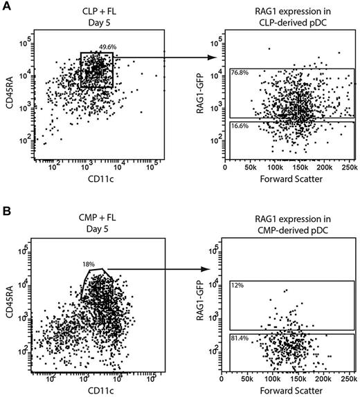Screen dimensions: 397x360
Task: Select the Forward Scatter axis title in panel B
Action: pos(289,391)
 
